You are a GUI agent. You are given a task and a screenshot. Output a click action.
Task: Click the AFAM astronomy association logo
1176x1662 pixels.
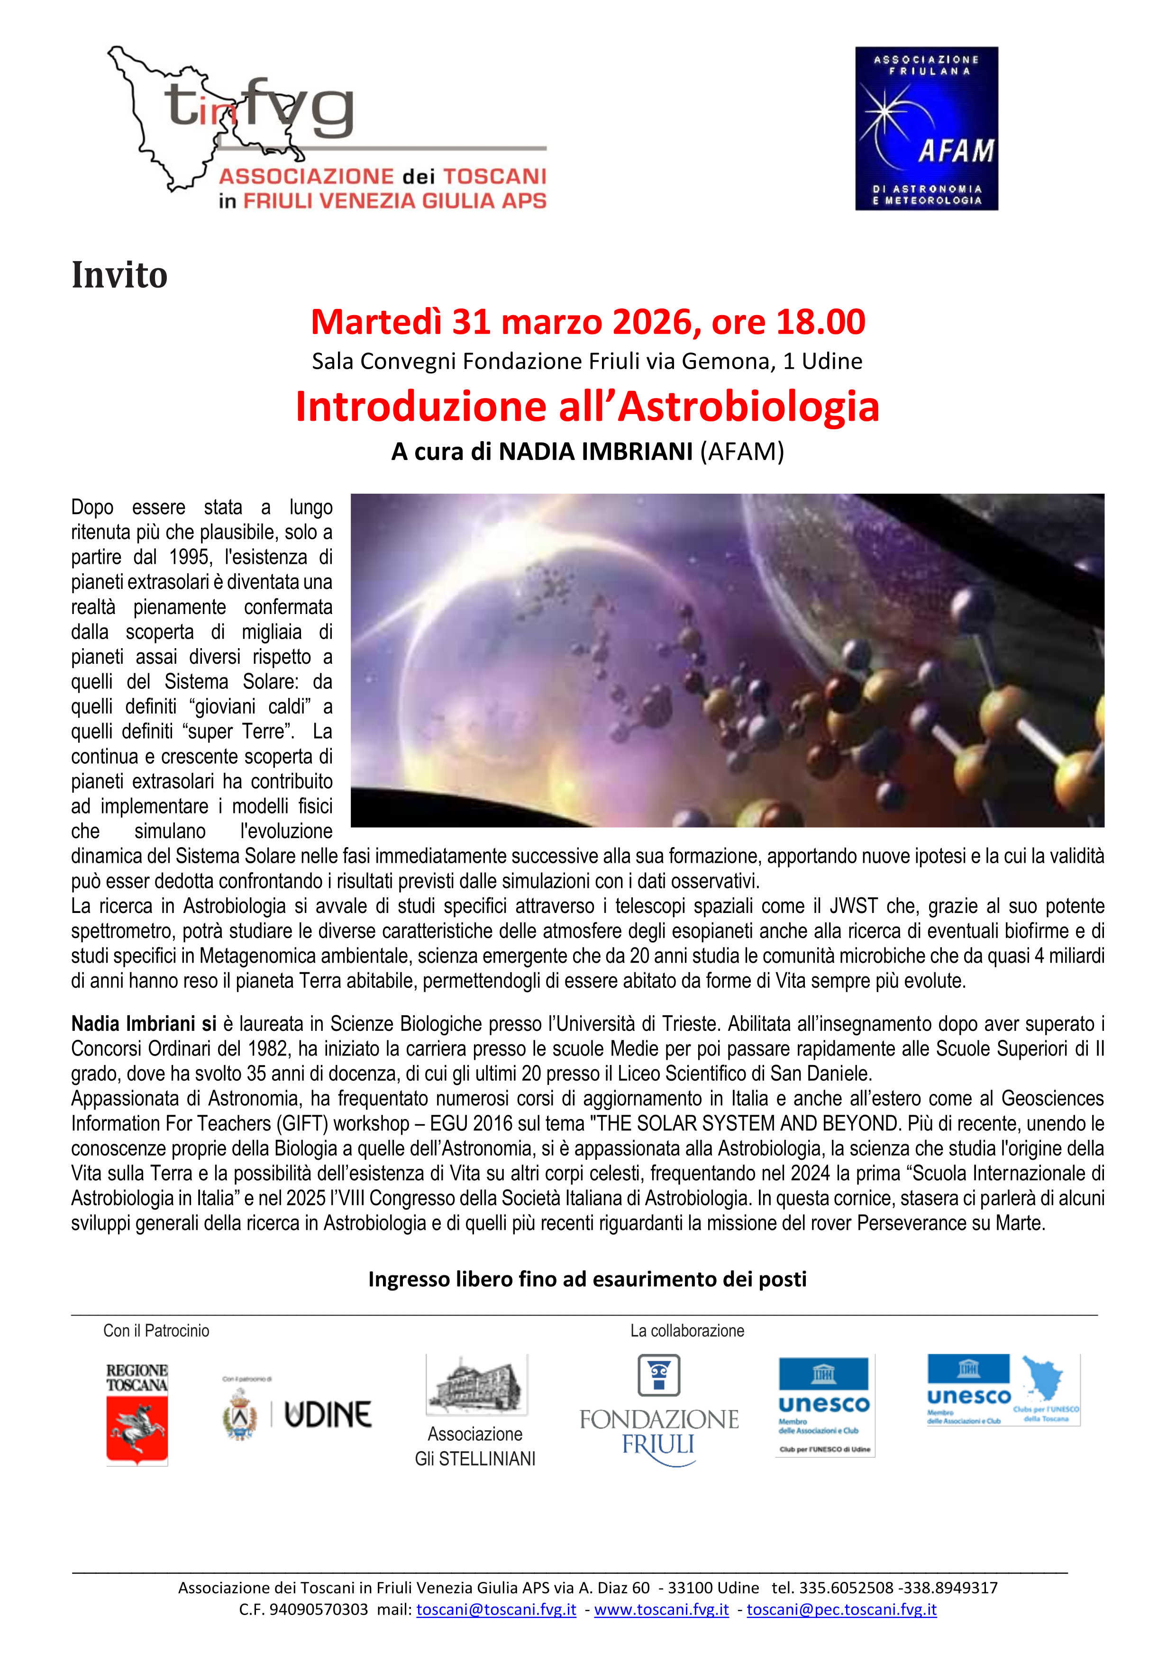coord(926,129)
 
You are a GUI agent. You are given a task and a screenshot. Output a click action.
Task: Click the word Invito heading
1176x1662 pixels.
coord(119,276)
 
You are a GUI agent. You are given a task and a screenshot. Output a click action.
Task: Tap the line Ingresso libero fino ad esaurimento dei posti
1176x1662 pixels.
coord(587,1279)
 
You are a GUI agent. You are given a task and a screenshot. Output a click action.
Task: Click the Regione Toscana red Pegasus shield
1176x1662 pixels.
coord(137,1428)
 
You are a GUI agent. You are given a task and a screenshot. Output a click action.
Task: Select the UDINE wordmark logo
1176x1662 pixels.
coord(328,1414)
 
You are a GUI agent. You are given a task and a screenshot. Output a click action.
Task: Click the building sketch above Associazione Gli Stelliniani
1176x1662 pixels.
coord(476,1385)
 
